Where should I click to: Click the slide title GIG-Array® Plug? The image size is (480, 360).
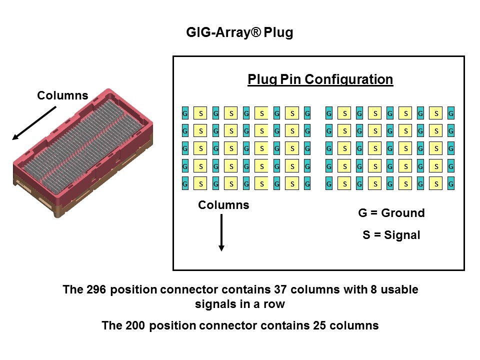[239, 33]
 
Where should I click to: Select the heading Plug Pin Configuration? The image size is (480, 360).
[320, 79]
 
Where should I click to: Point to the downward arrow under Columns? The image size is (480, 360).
[221, 232]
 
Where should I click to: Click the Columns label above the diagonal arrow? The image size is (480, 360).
[62, 95]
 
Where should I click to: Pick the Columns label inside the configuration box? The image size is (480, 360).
[223, 205]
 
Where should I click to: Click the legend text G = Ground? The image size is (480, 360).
[391, 213]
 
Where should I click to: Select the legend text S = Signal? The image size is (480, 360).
[391, 234]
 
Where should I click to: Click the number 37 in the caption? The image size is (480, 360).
[281, 289]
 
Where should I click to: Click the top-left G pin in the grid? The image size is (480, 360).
[185, 113]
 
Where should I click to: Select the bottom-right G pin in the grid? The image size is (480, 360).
[451, 184]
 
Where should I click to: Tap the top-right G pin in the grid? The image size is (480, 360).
[451, 113]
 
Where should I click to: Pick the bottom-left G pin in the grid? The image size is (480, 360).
[185, 184]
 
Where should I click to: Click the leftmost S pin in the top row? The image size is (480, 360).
[200, 113]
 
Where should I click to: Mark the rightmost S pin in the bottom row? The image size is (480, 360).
[436, 184]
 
